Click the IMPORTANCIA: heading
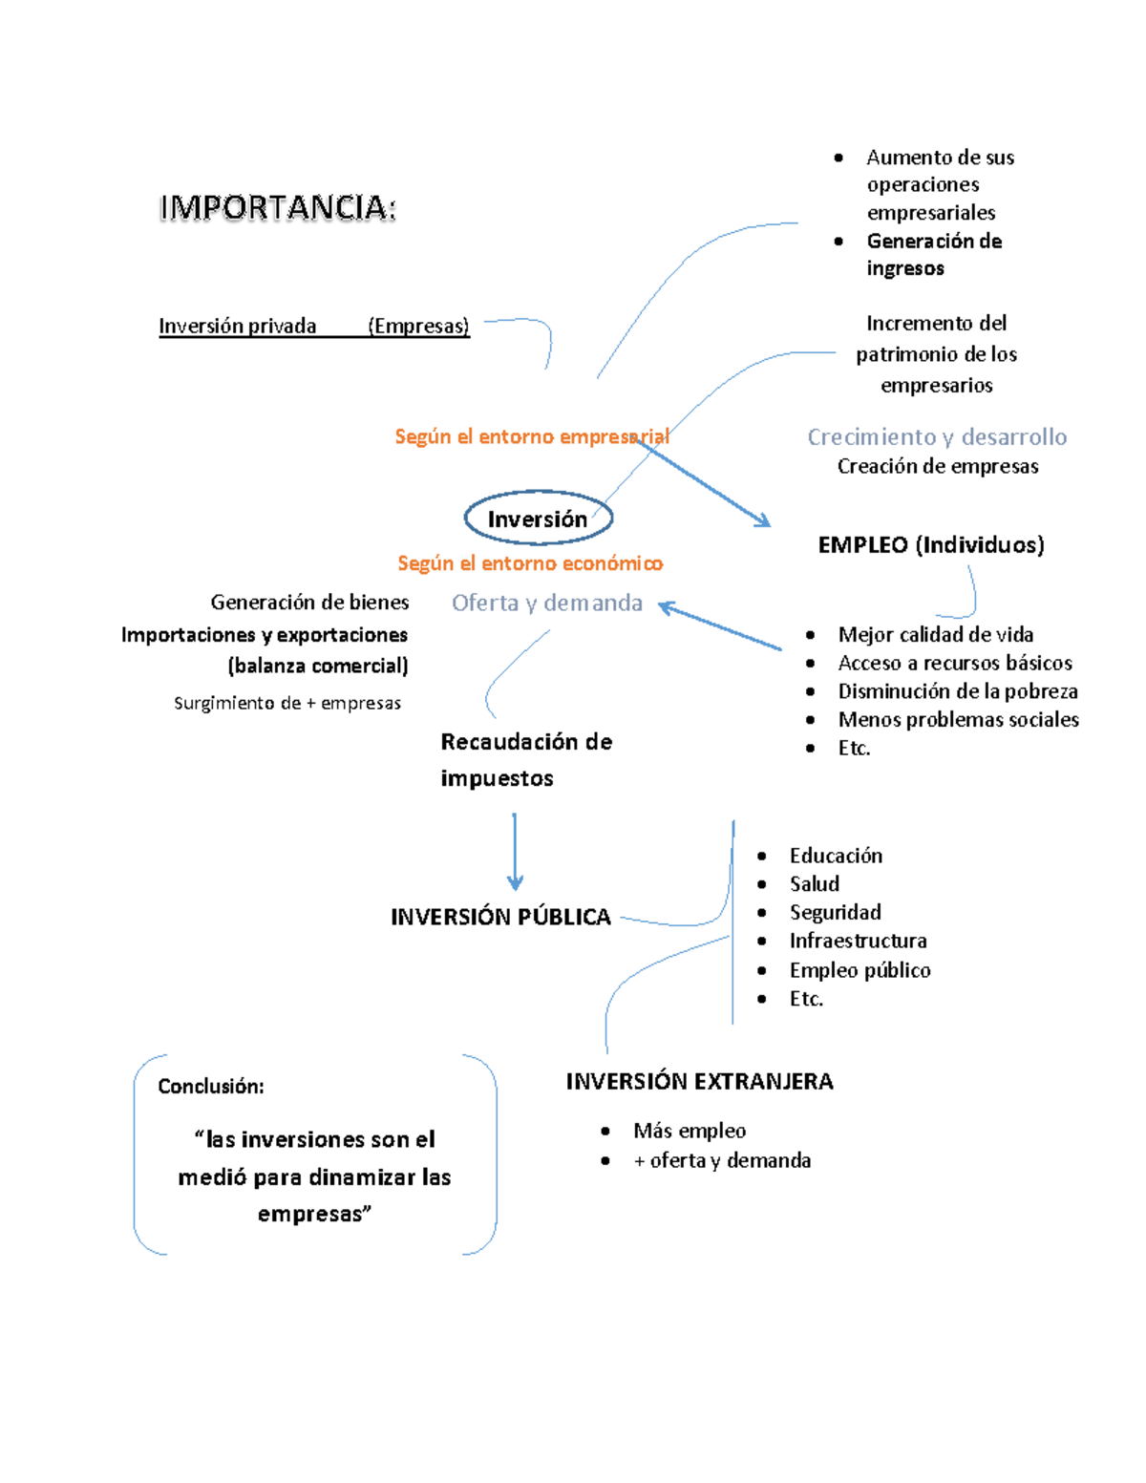pyautogui.click(x=277, y=208)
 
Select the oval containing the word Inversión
pyautogui.click(x=538, y=519)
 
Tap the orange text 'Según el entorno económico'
pyautogui.click(x=530, y=563)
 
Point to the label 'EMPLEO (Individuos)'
pyautogui.click(x=931, y=545)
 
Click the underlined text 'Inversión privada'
pyautogui.click(x=237, y=327)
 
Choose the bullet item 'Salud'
pyautogui.click(x=814, y=884)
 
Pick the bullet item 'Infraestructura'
pyautogui.click(x=858, y=941)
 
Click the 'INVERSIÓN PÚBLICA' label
pyautogui.click(x=500, y=917)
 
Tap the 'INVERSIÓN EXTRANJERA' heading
pyautogui.click(x=699, y=1081)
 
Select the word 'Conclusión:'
pyautogui.click(x=211, y=1086)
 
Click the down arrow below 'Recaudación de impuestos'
pyautogui.click(x=515, y=853)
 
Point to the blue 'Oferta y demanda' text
pyautogui.click(x=547, y=603)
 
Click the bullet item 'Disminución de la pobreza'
pyautogui.click(x=957, y=691)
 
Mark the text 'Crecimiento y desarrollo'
pyautogui.click(x=937, y=437)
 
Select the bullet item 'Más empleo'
pyautogui.click(x=690, y=1131)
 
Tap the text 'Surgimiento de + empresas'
pyautogui.click(x=287, y=704)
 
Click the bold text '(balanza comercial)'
pyautogui.click(x=318, y=666)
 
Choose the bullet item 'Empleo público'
pyautogui.click(x=859, y=970)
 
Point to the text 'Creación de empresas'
pyautogui.click(x=938, y=466)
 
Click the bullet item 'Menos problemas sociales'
pyautogui.click(x=958, y=719)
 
